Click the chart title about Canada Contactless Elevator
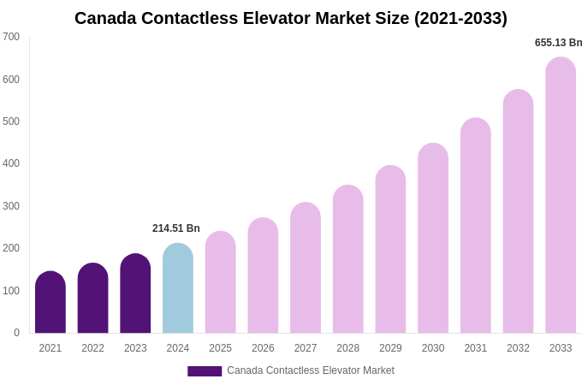(x=290, y=18)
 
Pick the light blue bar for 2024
(x=178, y=288)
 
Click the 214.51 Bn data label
(x=176, y=228)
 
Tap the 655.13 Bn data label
(x=558, y=43)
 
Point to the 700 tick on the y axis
(x=11, y=37)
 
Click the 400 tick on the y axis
(x=11, y=163)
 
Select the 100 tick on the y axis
(x=11, y=291)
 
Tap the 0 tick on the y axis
(x=16, y=333)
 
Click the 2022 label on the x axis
(x=92, y=348)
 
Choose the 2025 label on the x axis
(x=220, y=348)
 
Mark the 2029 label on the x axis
(x=390, y=348)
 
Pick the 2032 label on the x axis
(x=518, y=348)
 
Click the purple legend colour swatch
(x=205, y=371)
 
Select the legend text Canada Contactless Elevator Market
(x=311, y=370)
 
